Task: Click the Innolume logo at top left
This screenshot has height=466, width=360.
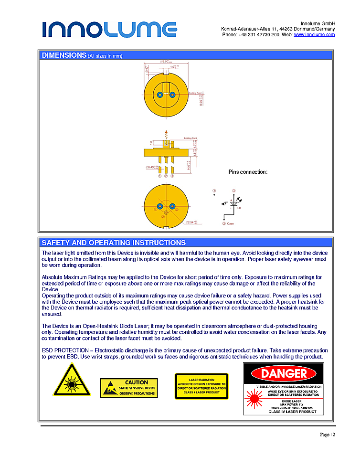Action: click(x=109, y=29)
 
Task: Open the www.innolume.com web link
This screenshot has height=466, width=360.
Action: click(x=314, y=35)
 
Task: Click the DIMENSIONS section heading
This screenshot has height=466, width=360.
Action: click(x=64, y=55)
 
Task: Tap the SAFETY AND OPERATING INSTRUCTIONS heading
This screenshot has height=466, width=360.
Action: click(x=114, y=243)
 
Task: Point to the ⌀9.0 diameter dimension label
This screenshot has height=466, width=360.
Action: click(x=164, y=62)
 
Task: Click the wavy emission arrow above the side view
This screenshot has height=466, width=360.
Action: click(x=166, y=134)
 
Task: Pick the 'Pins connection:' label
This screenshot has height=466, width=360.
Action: click(x=248, y=172)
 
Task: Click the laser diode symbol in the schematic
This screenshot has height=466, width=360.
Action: click(x=233, y=203)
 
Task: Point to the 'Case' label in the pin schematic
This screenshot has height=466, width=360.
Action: click(x=231, y=223)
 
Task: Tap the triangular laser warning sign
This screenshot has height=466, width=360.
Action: click(x=71, y=381)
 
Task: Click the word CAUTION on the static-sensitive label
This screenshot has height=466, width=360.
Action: click(x=136, y=382)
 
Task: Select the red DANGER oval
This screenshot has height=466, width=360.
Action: click(x=284, y=373)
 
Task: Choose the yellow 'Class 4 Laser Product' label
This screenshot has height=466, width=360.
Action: click(x=201, y=386)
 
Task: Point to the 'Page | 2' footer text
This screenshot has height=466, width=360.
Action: click(x=328, y=434)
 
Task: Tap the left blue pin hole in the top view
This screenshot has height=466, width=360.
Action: click(x=160, y=94)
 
